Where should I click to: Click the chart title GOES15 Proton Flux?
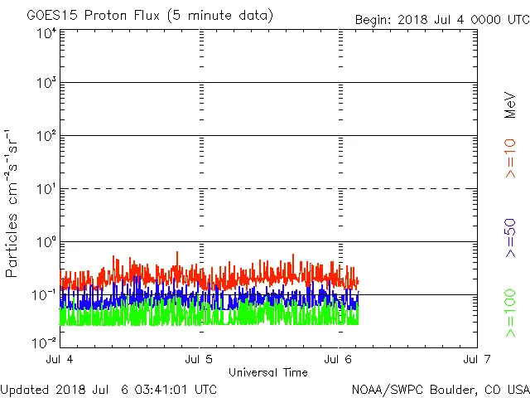pyautogui.click(x=149, y=16)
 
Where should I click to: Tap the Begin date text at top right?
pyautogui.click(x=441, y=19)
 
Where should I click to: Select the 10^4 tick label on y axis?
pyautogui.click(x=46, y=34)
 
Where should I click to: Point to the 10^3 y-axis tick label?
pyautogui.click(x=46, y=84)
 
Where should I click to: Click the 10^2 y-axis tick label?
pyautogui.click(x=46, y=137)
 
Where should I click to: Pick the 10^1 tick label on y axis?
pyautogui.click(x=46, y=190)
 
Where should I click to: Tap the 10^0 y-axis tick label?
pyautogui.click(x=46, y=243)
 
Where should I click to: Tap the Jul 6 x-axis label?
pyautogui.click(x=339, y=359)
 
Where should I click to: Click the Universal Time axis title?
pyautogui.click(x=267, y=372)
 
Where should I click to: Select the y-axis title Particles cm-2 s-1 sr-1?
pyautogui.click(x=12, y=203)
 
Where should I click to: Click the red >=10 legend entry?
pyautogui.click(x=510, y=158)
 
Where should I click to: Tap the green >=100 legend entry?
pyautogui.click(x=510, y=313)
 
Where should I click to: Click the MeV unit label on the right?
pyautogui.click(x=510, y=104)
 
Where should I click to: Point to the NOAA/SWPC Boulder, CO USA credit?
pyautogui.click(x=440, y=389)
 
